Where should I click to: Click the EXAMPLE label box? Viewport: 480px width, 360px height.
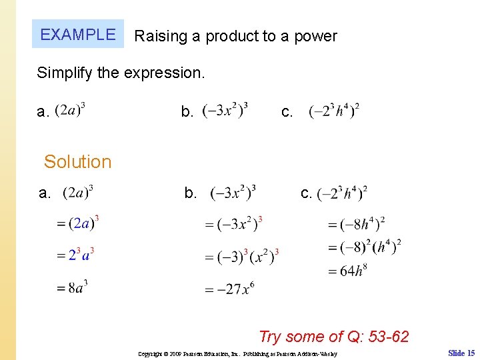[x=78, y=35]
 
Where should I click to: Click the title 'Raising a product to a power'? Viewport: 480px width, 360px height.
[x=235, y=37]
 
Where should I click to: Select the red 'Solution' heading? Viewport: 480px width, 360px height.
[x=77, y=162]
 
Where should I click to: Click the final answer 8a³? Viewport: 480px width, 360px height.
[x=73, y=288]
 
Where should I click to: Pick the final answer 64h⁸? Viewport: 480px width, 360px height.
[x=350, y=271]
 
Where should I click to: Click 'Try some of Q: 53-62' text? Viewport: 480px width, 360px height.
[x=333, y=337]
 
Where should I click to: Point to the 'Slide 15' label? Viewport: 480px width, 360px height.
[x=461, y=353]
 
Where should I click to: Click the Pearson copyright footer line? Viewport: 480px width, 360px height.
[x=237, y=354]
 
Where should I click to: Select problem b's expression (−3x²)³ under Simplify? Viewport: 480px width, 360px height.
[x=225, y=111]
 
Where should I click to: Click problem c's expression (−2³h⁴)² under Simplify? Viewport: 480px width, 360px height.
[x=334, y=111]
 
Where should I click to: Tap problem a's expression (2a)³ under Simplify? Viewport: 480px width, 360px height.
[x=70, y=111]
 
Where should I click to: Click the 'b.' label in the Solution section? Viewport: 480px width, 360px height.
[x=191, y=193]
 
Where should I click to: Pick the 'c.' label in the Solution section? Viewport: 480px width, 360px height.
[x=307, y=193]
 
